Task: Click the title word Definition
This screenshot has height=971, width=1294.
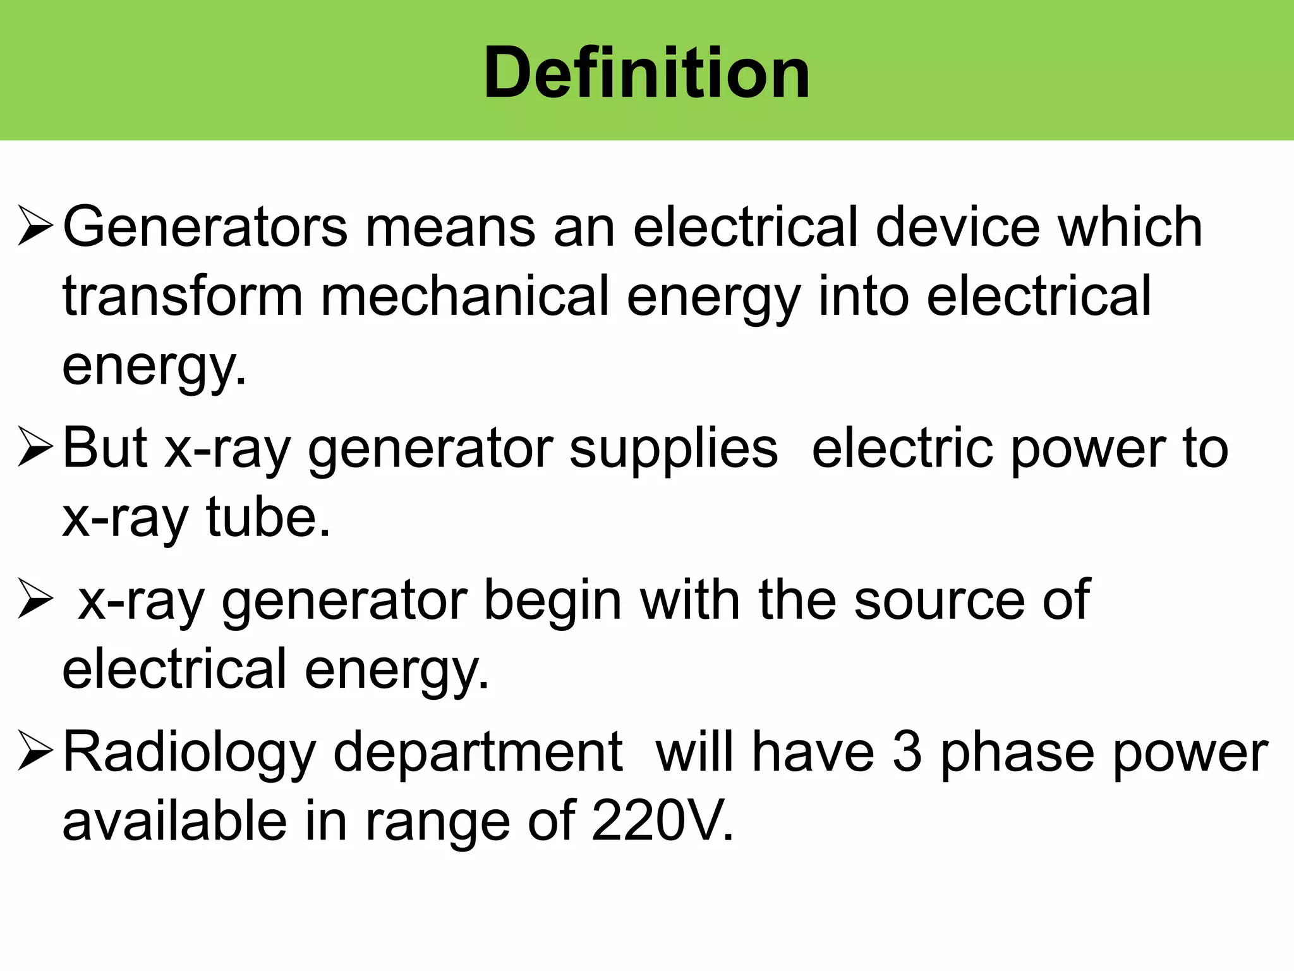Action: pos(646,73)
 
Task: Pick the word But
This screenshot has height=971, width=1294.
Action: pos(105,448)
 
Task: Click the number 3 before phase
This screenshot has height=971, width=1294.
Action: pos(907,752)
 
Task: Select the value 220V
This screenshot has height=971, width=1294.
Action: pos(663,821)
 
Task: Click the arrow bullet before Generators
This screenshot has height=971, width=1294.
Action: pos(35,226)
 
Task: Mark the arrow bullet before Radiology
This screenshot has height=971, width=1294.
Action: pos(35,751)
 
